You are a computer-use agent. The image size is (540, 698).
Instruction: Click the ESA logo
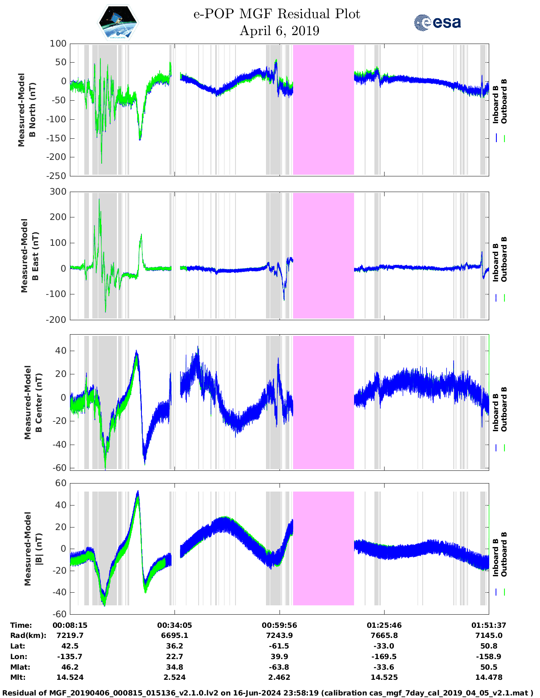tap(437, 22)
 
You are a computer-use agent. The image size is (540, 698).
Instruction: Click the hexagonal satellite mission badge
tap(118, 22)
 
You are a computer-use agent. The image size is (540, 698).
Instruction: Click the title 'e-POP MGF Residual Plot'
tap(277, 14)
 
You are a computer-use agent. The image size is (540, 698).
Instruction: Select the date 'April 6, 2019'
tap(279, 31)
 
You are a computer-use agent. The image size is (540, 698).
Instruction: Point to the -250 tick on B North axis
tap(57, 176)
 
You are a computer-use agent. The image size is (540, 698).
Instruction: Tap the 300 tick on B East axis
tap(58, 192)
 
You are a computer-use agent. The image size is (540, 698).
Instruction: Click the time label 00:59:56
tap(279, 625)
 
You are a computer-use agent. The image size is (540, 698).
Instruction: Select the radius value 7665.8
tap(384, 635)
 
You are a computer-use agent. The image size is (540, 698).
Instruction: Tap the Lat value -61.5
tap(279, 646)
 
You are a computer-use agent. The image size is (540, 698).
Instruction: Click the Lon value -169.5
tap(384, 657)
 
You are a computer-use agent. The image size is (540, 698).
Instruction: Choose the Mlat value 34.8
tap(174, 667)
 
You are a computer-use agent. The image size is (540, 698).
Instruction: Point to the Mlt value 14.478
tap(489, 677)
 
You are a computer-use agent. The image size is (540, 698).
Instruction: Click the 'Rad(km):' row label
tap(28, 635)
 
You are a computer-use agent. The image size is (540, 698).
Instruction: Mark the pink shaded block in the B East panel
tap(323, 256)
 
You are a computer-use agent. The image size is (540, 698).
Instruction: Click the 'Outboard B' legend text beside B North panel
tap(504, 102)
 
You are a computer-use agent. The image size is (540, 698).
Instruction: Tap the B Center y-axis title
tap(33, 402)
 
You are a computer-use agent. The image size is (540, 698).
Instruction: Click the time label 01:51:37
tap(489, 625)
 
